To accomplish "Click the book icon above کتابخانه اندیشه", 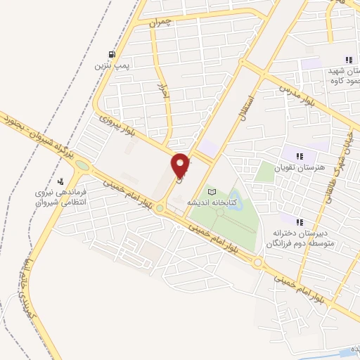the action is [213, 191].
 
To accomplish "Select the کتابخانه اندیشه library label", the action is [210, 202].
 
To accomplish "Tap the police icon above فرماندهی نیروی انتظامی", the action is [60, 181].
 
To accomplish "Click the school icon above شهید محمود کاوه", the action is [347, 60].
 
